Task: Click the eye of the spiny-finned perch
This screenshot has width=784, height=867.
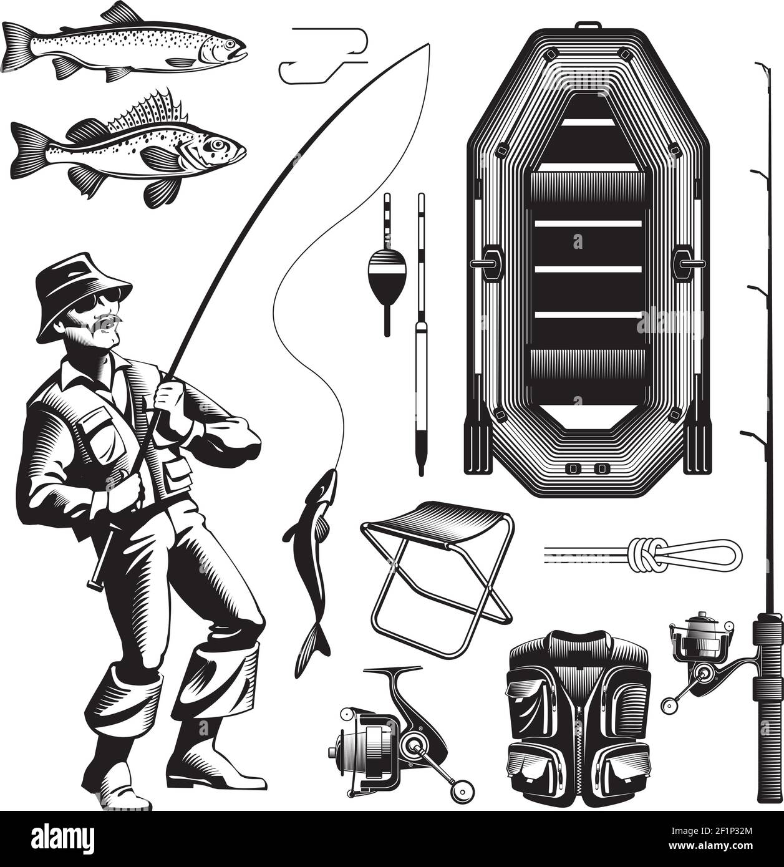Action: click(x=216, y=145)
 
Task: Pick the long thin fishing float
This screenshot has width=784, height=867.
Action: click(x=422, y=331)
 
